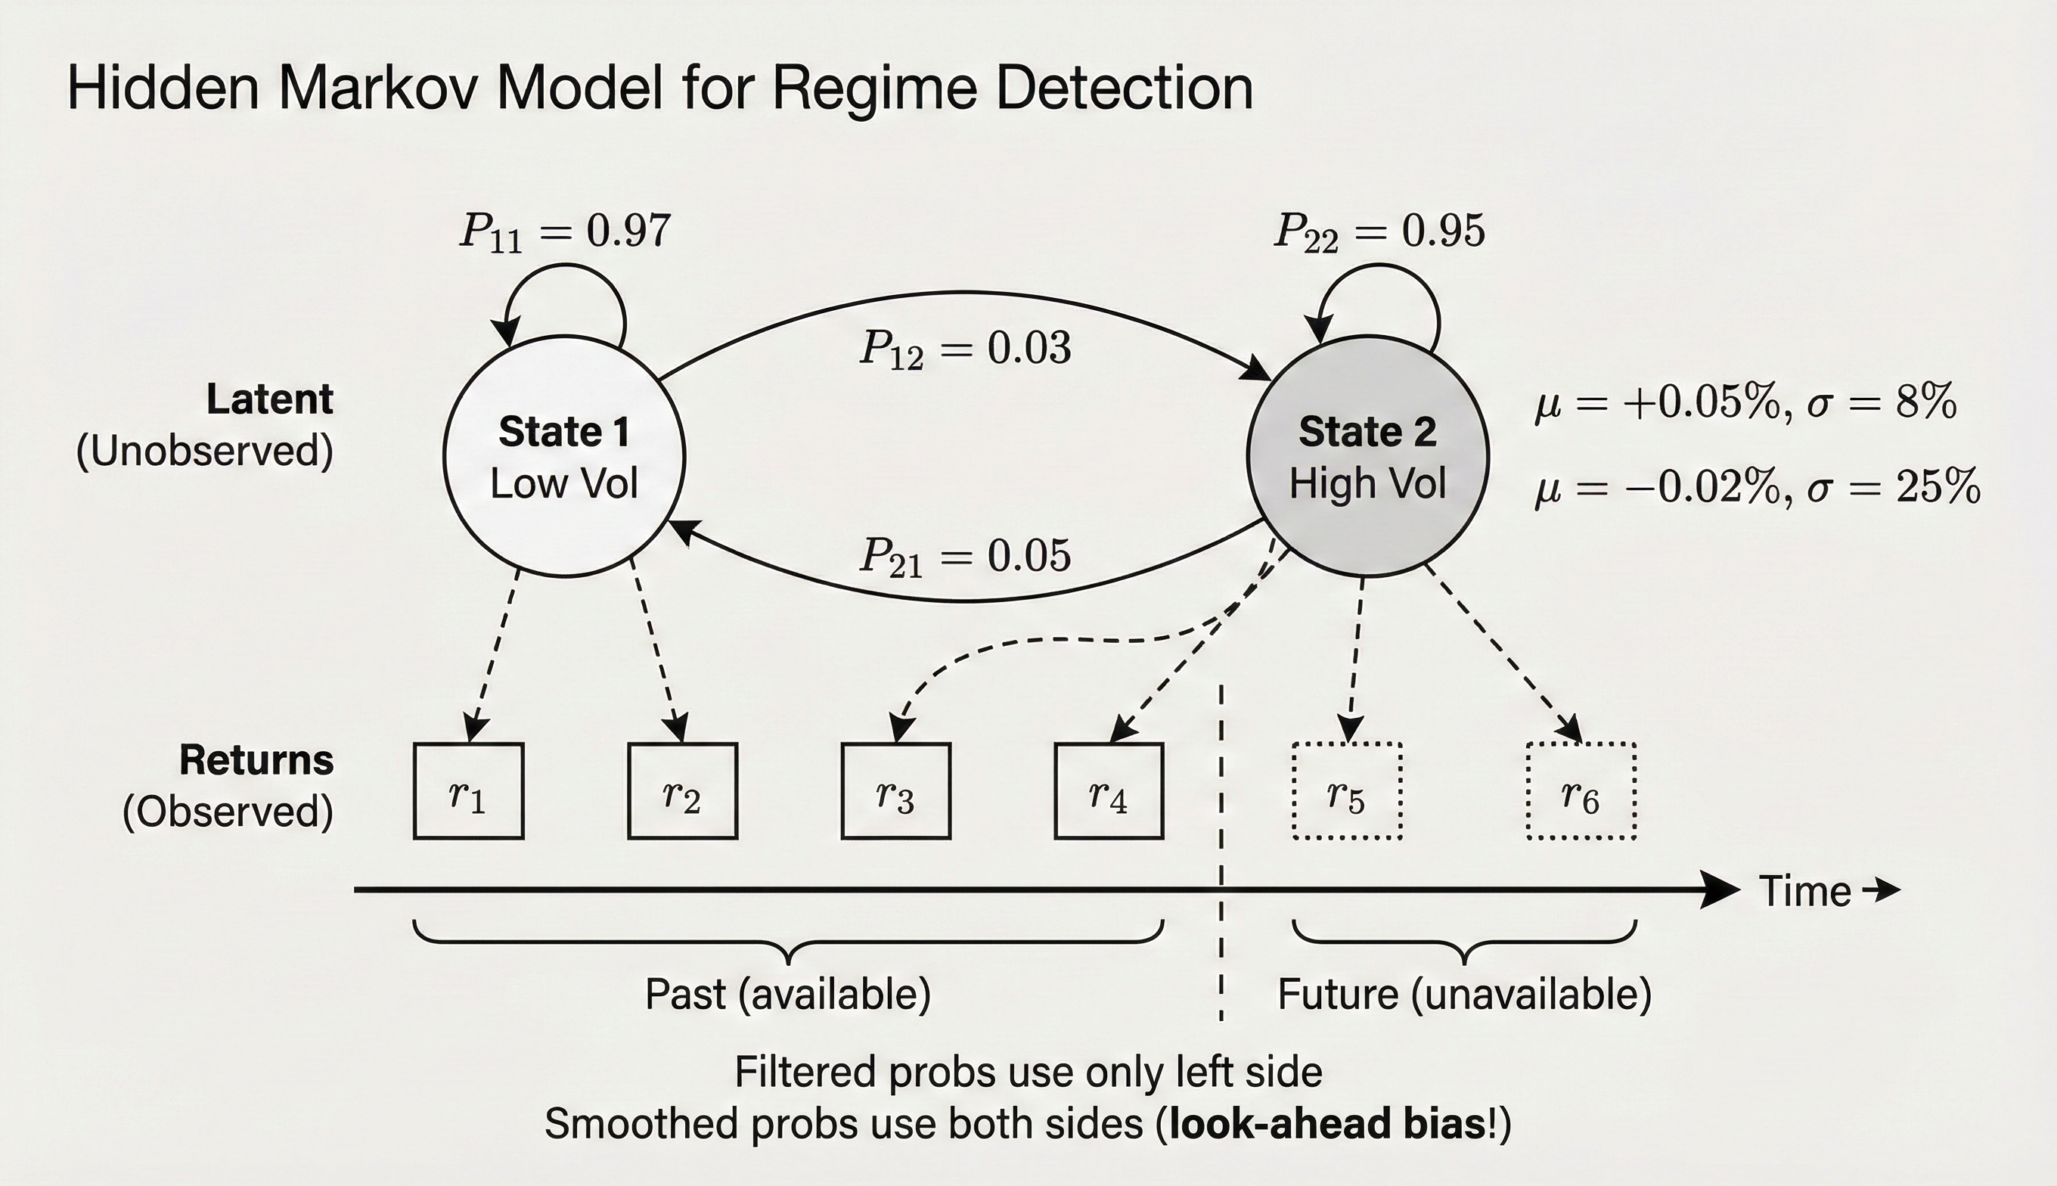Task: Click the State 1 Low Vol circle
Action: click(x=564, y=456)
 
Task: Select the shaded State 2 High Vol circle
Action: click(x=1367, y=456)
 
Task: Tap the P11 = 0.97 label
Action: click(x=565, y=231)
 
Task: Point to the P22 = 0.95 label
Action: click(x=1379, y=231)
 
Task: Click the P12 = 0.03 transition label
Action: click(x=965, y=349)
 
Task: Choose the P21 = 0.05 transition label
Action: click(x=965, y=557)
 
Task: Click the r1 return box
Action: click(x=468, y=791)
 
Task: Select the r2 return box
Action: click(x=682, y=791)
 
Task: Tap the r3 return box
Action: click(x=895, y=791)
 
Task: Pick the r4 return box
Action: click(x=1109, y=791)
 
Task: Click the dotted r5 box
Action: click(x=1347, y=791)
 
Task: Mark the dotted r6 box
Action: click(x=1581, y=791)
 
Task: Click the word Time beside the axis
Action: click(x=1804, y=891)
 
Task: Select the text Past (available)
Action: click(x=787, y=995)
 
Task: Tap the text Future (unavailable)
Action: click(x=1464, y=995)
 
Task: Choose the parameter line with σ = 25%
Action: click(x=1758, y=487)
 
